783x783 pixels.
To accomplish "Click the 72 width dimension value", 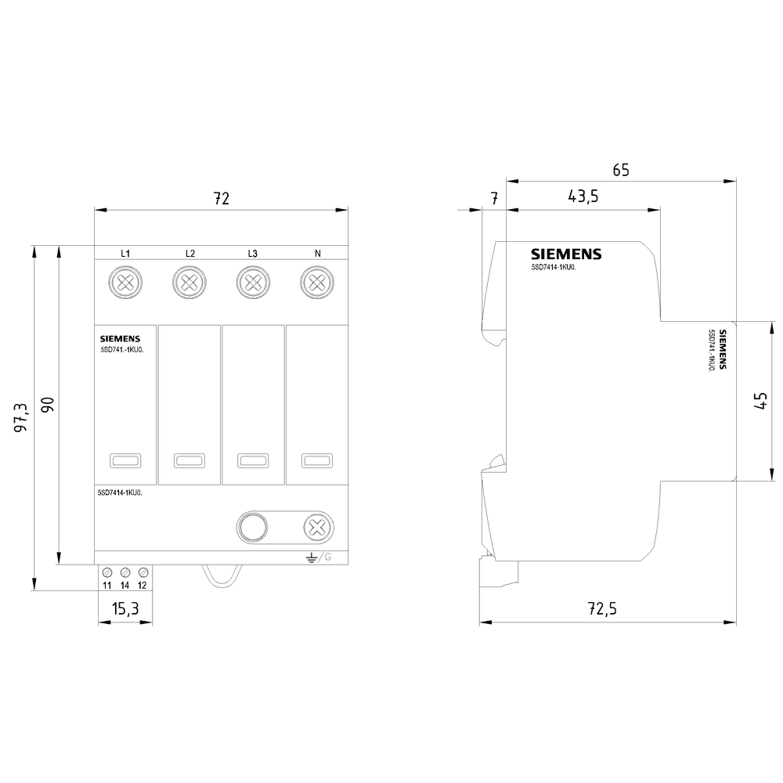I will click(x=222, y=199).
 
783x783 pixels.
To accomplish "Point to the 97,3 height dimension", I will click(x=21, y=417).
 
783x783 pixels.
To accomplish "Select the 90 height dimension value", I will click(x=47, y=405).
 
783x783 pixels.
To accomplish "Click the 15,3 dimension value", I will click(x=125, y=608).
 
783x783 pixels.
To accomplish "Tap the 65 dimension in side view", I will click(x=620, y=170).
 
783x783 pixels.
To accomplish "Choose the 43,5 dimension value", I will click(x=583, y=197).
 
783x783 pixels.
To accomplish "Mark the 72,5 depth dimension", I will click(x=608, y=609).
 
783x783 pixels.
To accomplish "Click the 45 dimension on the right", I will click(x=759, y=401).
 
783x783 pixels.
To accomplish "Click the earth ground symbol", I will click(x=311, y=557).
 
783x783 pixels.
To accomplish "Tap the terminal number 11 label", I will click(x=106, y=586).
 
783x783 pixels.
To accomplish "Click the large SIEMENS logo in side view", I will click(x=566, y=254).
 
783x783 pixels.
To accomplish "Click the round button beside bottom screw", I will click(x=253, y=528).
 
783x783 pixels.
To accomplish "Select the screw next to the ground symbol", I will click(x=316, y=528).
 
